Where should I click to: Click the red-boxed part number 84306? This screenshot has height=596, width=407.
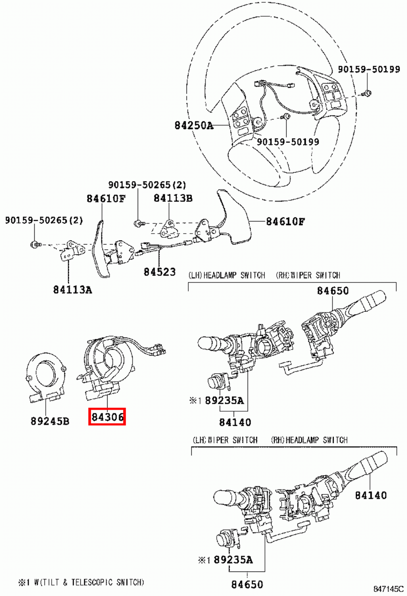(107, 417)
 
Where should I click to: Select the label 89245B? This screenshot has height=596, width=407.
(50, 421)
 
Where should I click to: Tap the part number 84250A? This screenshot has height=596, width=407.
(194, 126)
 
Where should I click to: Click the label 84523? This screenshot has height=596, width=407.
(160, 272)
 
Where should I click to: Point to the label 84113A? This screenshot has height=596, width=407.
(72, 289)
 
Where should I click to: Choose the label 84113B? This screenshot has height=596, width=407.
(173, 198)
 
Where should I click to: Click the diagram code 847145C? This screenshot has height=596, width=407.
(388, 589)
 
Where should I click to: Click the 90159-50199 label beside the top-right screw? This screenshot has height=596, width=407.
(369, 69)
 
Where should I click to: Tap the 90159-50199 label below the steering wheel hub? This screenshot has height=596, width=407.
(288, 142)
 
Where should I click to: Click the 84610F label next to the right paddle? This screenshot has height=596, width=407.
(285, 222)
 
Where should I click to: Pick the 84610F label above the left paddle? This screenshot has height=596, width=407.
(106, 199)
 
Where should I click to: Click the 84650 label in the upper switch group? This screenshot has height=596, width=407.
(333, 291)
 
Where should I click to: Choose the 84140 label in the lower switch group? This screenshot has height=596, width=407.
(371, 495)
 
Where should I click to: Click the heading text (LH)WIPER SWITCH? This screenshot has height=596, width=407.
(225, 440)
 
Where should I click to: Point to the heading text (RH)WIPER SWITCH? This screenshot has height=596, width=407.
(308, 275)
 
